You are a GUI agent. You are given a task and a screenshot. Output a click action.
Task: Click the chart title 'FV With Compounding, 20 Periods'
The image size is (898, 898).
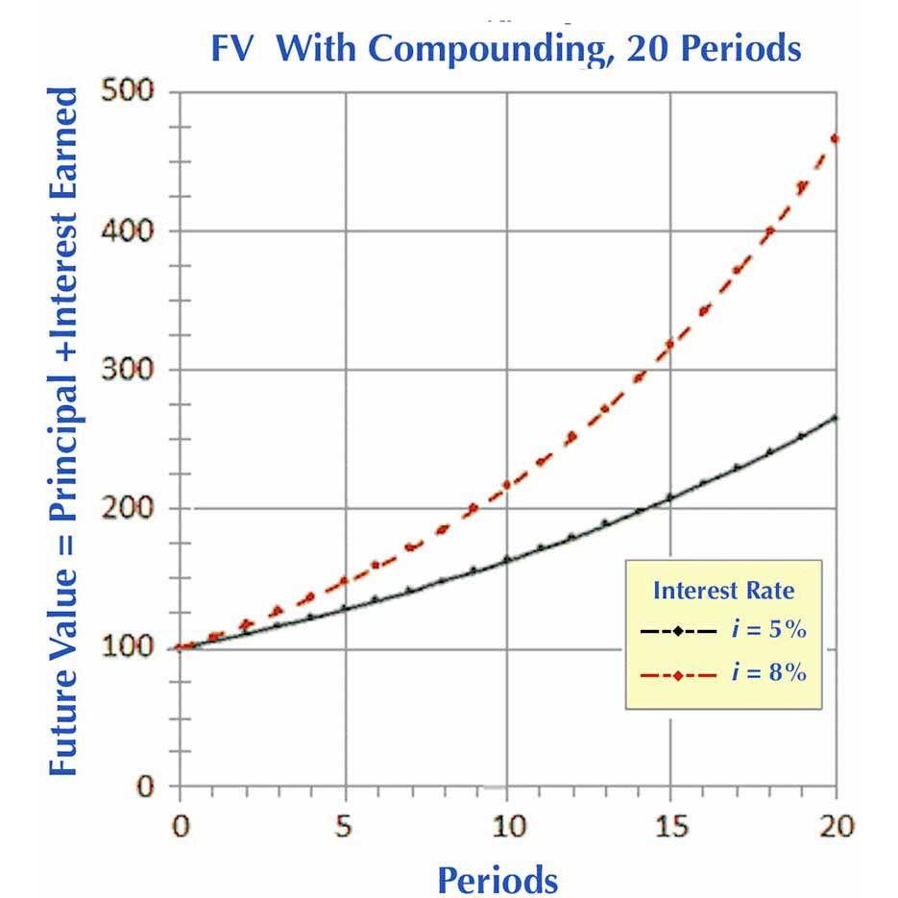[x=505, y=48]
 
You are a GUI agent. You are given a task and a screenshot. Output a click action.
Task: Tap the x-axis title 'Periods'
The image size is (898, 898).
[x=498, y=879]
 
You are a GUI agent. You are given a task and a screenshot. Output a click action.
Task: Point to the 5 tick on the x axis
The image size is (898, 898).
[x=344, y=825]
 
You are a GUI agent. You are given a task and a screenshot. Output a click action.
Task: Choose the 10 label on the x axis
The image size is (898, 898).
[x=507, y=825]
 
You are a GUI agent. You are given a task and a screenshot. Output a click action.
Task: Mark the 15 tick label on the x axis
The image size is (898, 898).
[x=670, y=825]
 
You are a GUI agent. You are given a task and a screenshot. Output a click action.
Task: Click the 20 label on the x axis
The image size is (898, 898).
[x=834, y=825]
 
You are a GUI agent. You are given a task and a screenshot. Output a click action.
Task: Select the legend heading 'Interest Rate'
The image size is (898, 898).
[x=723, y=589]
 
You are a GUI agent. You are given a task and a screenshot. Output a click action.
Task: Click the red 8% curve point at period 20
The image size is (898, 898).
[x=835, y=138]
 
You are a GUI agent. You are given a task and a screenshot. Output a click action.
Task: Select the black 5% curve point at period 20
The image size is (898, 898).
[x=835, y=418]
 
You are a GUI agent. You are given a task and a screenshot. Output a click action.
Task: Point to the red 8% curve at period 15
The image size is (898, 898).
[x=670, y=344]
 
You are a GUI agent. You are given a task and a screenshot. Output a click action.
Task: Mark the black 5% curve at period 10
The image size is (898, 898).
[x=507, y=559]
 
